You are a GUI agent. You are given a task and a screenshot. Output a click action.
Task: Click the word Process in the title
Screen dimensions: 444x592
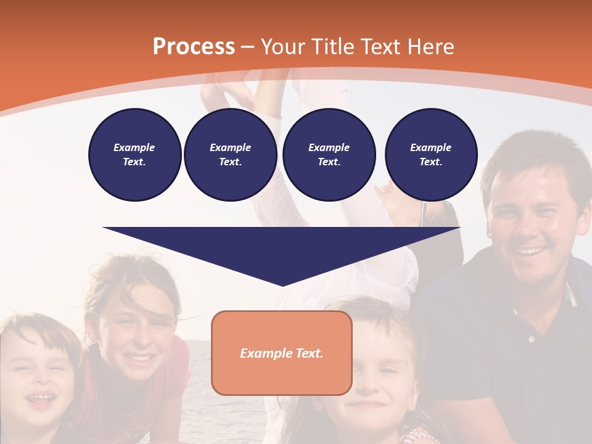click(194, 47)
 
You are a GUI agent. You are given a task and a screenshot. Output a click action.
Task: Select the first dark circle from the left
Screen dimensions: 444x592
click(134, 155)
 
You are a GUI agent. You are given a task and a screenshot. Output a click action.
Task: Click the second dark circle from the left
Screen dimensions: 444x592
click(230, 155)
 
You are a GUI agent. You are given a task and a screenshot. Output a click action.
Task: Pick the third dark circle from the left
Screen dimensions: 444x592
click(329, 155)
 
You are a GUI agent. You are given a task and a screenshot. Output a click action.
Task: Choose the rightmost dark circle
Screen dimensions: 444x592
click(431, 155)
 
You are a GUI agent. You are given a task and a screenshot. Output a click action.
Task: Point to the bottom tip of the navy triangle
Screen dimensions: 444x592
click(282, 285)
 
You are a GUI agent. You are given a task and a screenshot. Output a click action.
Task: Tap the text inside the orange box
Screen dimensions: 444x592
click(282, 353)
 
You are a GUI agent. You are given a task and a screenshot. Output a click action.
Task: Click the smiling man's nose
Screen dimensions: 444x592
click(524, 226)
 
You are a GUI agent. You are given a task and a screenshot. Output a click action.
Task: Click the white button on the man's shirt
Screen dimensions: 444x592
click(531, 339)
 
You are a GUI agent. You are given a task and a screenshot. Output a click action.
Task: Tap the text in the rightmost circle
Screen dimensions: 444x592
click(431, 155)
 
